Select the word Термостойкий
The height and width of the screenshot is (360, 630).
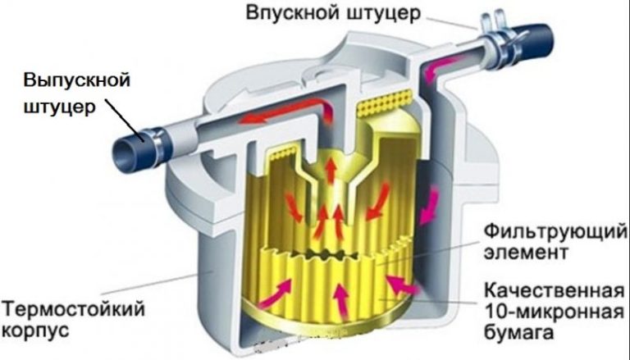[x=66, y=312]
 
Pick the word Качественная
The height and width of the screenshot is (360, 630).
[x=549, y=291]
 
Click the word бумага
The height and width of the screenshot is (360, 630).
[x=515, y=334]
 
